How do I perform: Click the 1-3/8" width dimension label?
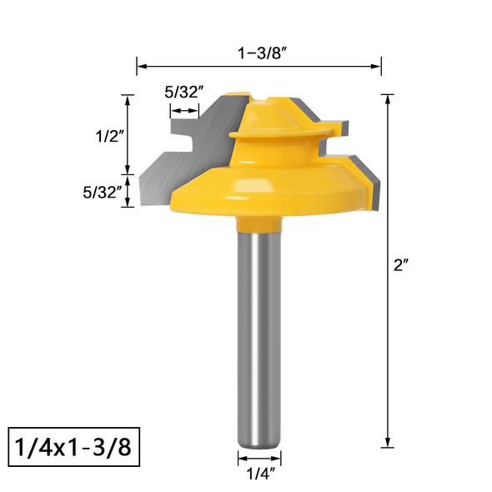pos(263,53)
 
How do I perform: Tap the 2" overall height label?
pos(401,265)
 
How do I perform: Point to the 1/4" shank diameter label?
pos(261,474)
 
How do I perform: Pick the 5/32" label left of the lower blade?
pos(103,192)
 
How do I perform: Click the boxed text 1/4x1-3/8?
pos(73,447)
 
